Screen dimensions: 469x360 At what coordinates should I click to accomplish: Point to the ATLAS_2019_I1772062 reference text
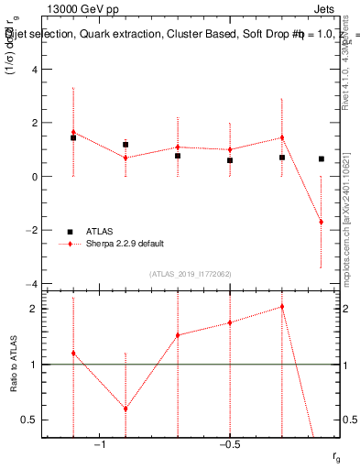click(191, 273)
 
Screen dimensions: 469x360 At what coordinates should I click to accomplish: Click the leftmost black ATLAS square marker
click(73, 137)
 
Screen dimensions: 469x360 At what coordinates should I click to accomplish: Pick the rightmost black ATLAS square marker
click(322, 158)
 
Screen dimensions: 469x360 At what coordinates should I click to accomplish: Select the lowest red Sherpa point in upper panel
click(322, 222)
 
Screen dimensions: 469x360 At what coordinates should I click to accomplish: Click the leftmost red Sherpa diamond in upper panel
click(73, 132)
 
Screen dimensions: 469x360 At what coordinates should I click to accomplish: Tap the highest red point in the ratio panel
click(282, 307)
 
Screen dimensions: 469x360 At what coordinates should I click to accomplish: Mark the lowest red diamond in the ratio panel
click(125, 409)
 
